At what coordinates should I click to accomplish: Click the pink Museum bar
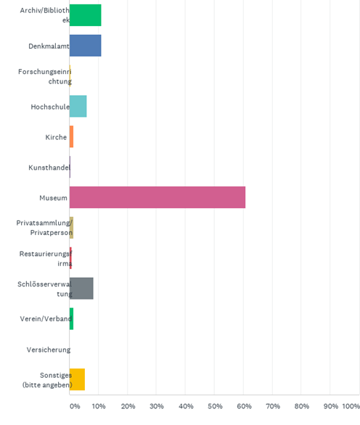[157, 197]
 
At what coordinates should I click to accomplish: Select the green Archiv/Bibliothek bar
[86, 15]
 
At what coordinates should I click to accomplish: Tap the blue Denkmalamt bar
[86, 46]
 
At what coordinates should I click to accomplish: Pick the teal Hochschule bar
[78, 106]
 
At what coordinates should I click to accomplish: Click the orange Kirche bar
[71, 136]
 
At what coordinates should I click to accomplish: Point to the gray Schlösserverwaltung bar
[81, 289]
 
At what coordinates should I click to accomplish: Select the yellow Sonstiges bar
[78, 379]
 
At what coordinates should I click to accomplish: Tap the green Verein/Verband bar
[71, 319]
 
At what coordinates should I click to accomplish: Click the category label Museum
[53, 198]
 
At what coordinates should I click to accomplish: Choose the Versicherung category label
[49, 350]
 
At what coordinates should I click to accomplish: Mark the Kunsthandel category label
[49, 168]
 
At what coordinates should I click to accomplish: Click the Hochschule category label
[50, 107]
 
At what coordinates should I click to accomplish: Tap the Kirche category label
[56, 137]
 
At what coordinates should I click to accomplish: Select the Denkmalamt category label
[49, 46]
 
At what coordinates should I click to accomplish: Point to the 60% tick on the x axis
[244, 406]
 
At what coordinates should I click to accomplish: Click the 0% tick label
[75, 406]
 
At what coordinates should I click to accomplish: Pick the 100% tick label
[351, 406]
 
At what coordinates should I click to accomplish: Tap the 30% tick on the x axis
[157, 406]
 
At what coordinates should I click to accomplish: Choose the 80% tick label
[302, 406]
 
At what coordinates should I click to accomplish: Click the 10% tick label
[99, 406]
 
